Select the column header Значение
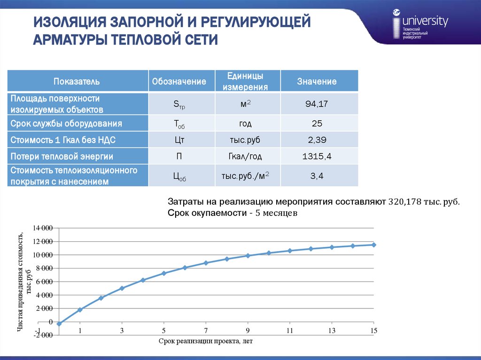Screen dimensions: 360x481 click(x=317, y=82)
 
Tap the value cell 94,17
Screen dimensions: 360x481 click(x=317, y=104)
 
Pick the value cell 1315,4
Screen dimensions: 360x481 click(x=317, y=156)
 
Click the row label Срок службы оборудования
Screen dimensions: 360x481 click(x=67, y=124)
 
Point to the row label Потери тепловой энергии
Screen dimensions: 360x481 click(x=62, y=156)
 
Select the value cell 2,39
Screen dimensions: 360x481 click(x=317, y=140)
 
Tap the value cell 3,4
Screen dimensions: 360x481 click(x=317, y=176)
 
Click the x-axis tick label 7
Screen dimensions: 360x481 click(x=206, y=330)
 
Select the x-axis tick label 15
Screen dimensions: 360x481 click(x=373, y=330)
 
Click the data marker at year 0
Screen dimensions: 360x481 click(x=59, y=324)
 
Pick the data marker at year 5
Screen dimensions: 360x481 click(x=164, y=273)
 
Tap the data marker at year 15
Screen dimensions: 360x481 click(x=374, y=245)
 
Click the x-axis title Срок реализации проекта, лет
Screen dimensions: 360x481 click(x=206, y=341)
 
